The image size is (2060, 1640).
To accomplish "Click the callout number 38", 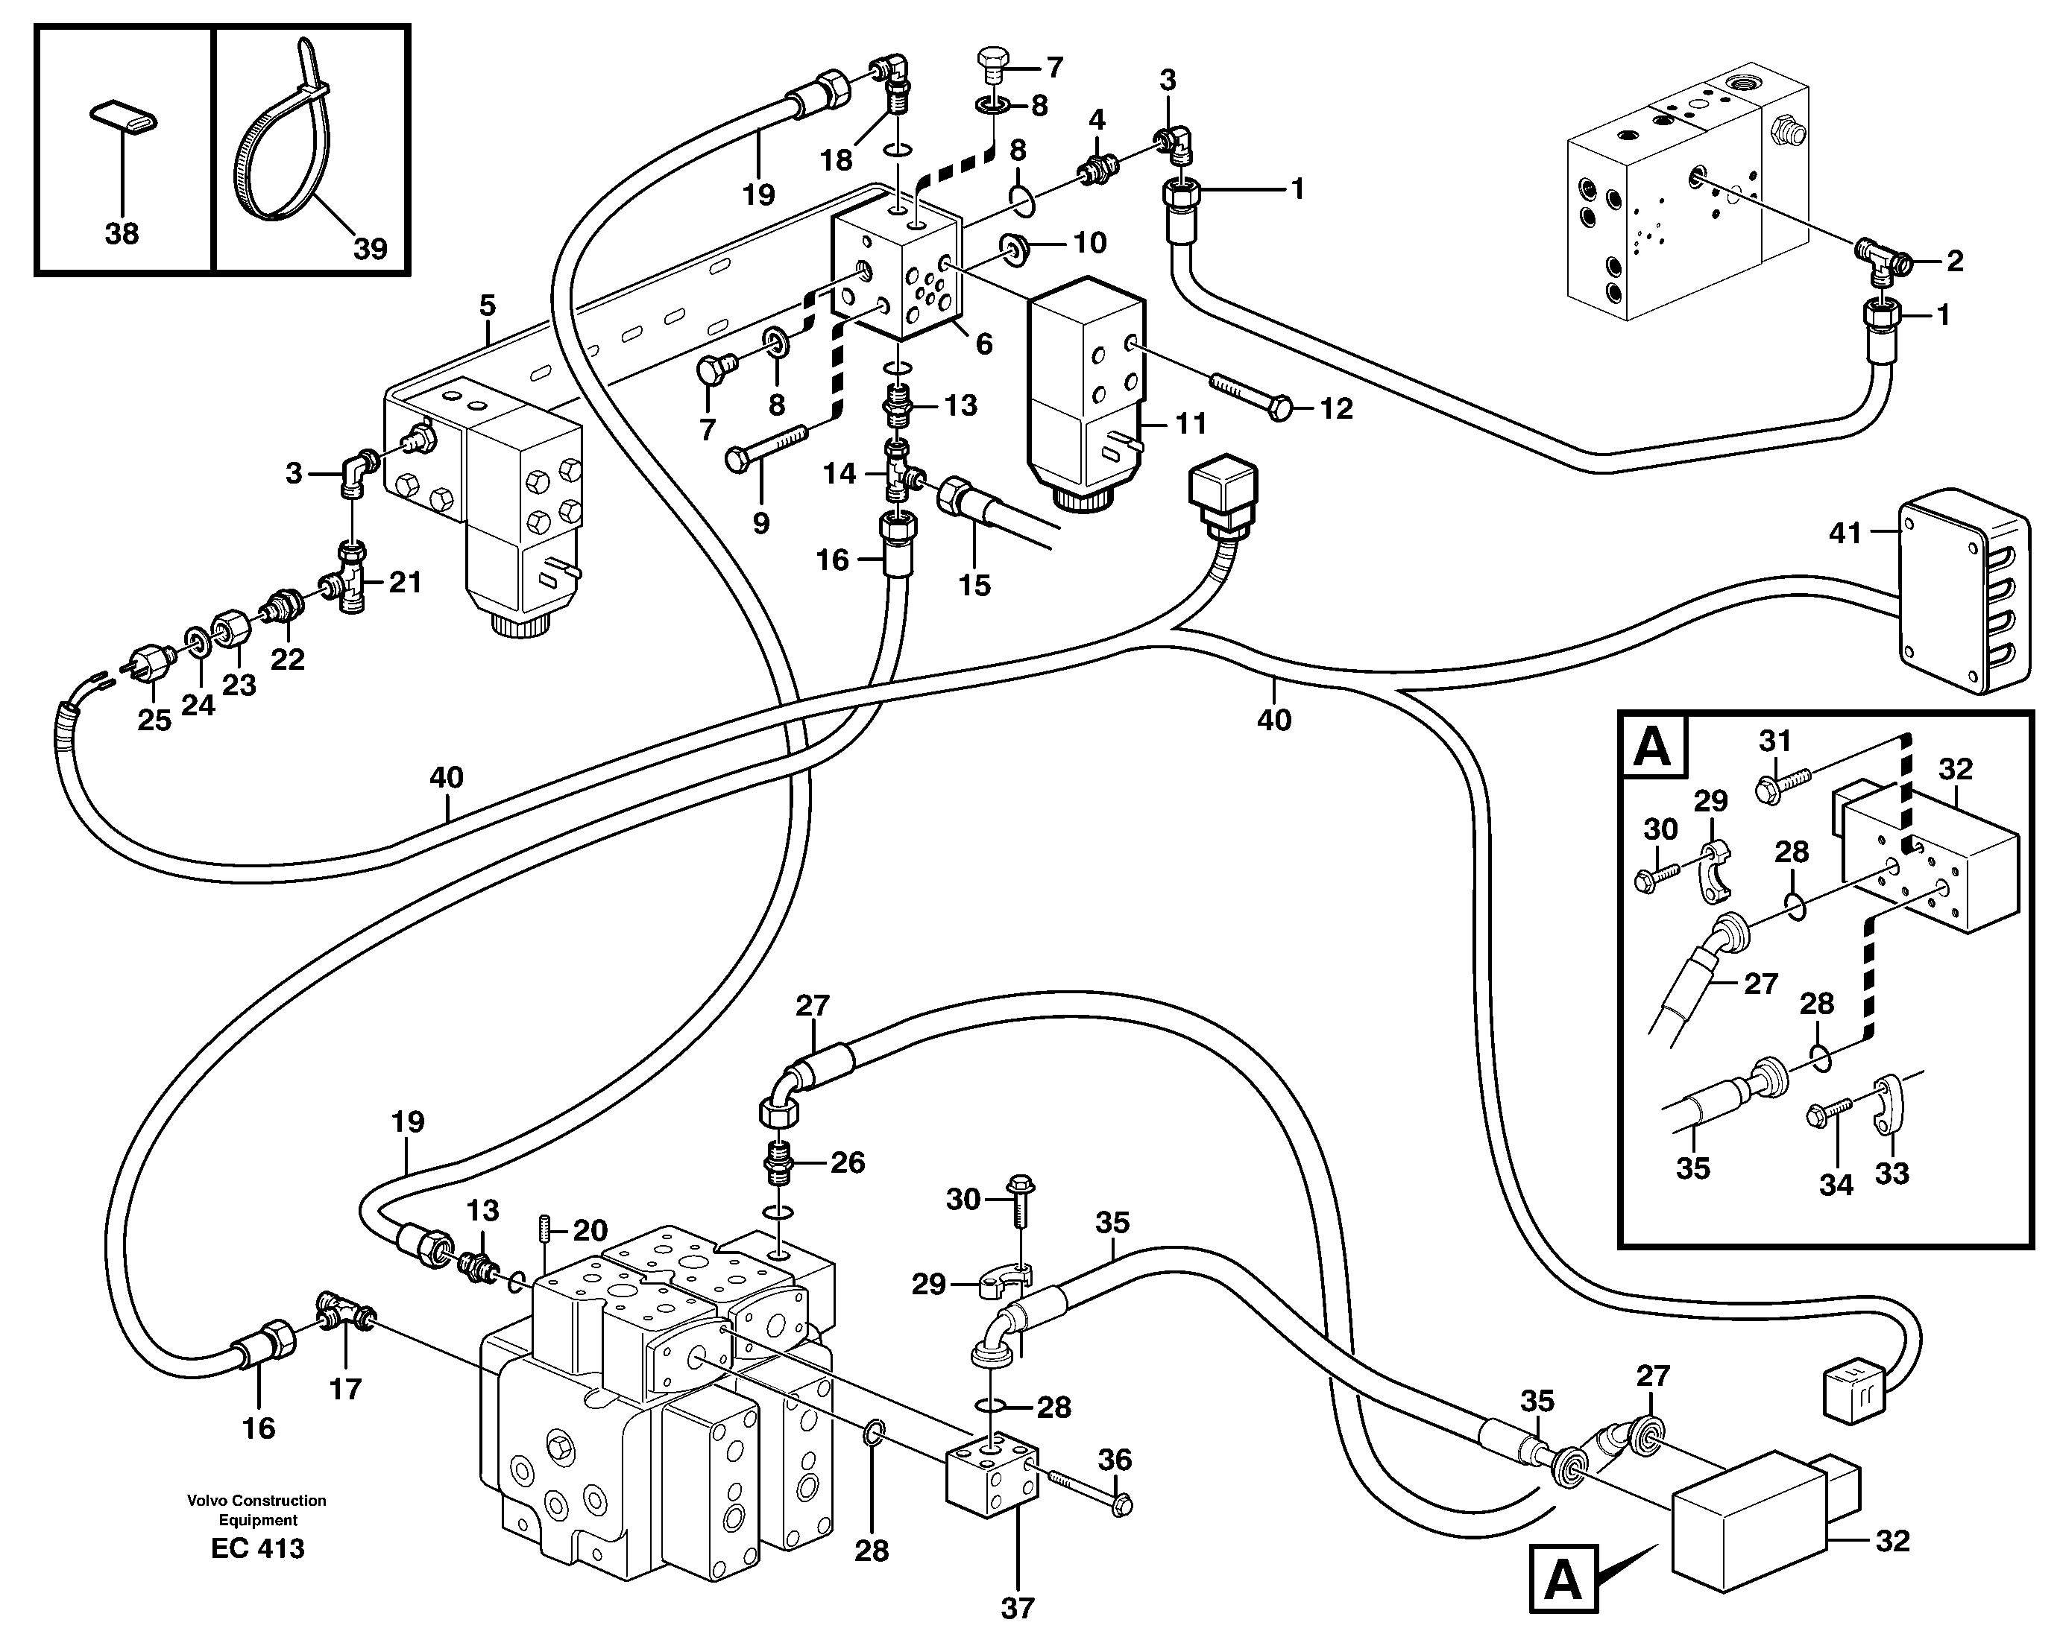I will pyautogui.click(x=122, y=234).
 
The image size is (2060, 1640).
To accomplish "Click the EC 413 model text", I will pyautogui.click(x=258, y=1548).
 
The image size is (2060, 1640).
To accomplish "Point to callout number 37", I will pyautogui.click(x=1018, y=1609).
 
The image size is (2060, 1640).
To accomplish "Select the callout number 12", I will pyautogui.click(x=1336, y=409).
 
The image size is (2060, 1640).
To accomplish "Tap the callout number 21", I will pyautogui.click(x=405, y=582).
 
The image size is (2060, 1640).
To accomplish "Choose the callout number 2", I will pyautogui.click(x=1955, y=261).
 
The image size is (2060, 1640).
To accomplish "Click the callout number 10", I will pyautogui.click(x=1089, y=243).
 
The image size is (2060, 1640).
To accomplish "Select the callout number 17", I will pyautogui.click(x=345, y=1388).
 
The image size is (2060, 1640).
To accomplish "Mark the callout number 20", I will pyautogui.click(x=590, y=1230).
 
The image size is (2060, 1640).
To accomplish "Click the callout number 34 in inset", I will pyautogui.click(x=1836, y=1185).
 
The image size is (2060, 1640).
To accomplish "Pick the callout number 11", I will pyautogui.click(x=1191, y=422).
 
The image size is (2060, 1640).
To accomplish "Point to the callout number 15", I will pyautogui.click(x=974, y=585).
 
